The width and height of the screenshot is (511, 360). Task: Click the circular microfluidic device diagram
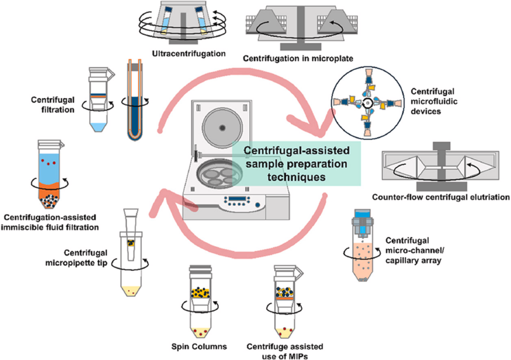(x=367, y=103)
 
